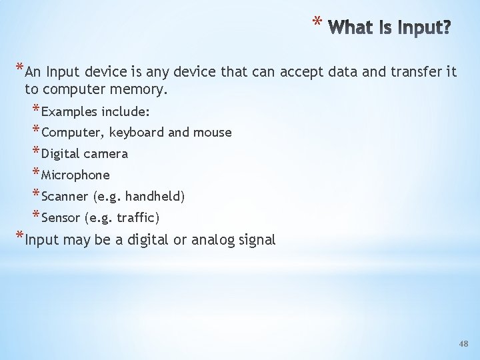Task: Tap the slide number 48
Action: click(464, 344)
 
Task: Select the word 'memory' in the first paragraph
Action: click(142, 89)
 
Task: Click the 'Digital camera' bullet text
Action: click(85, 153)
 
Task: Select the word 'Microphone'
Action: click(75, 175)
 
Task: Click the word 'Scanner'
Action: click(65, 196)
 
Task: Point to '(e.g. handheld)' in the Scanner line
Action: click(139, 196)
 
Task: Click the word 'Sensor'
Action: click(61, 217)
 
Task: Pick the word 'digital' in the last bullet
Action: click(147, 240)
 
